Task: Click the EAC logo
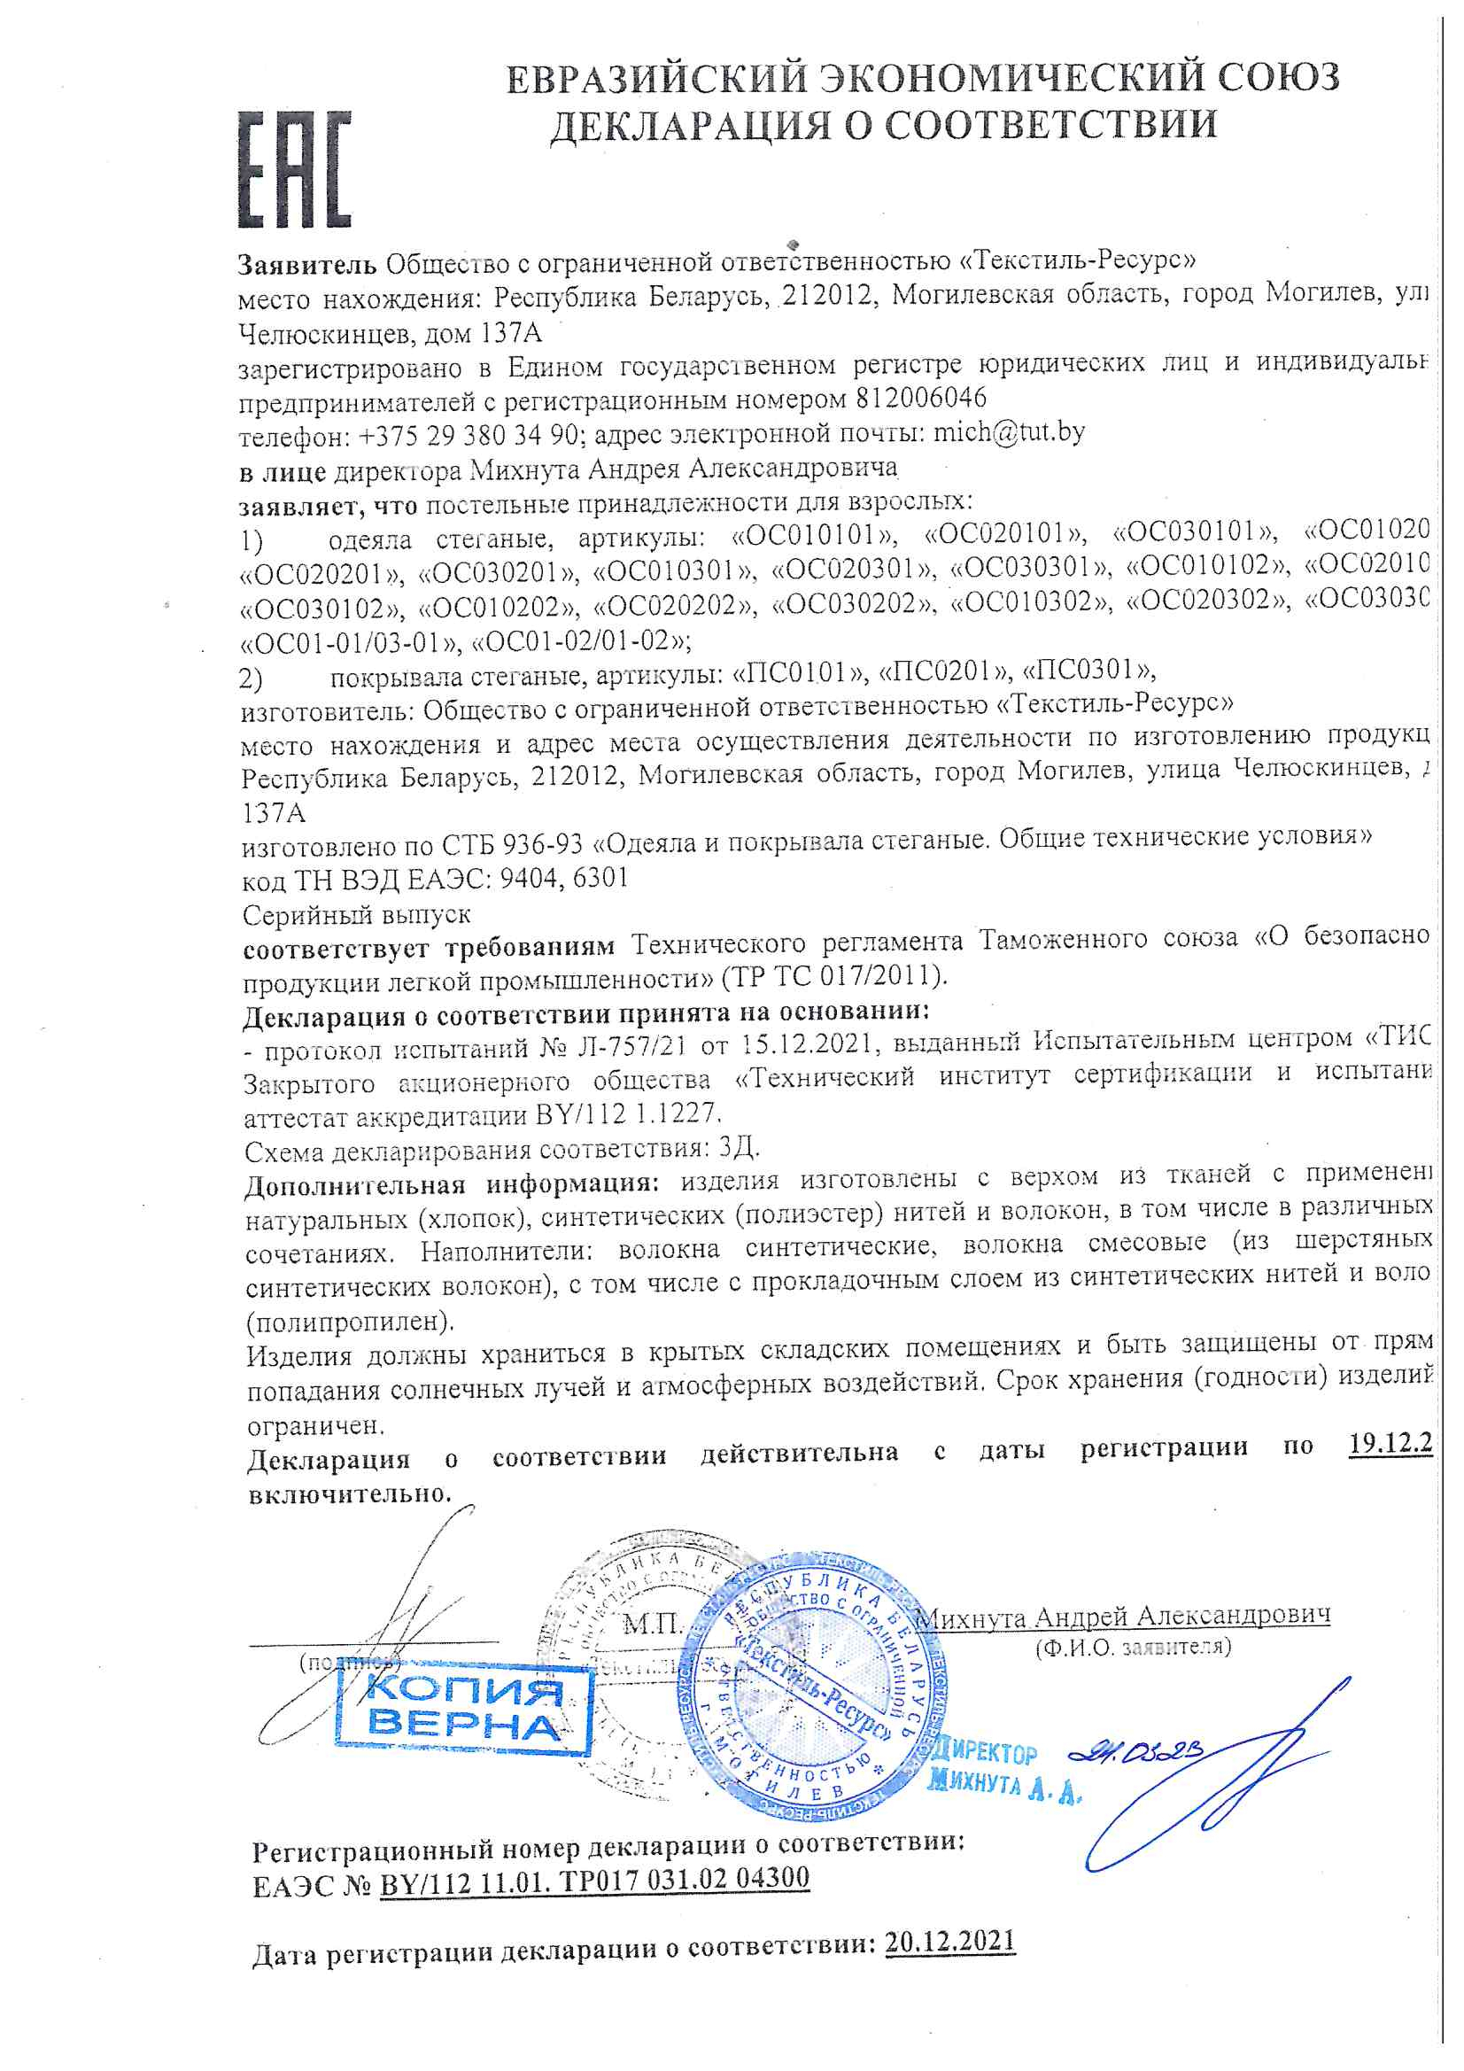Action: (293, 169)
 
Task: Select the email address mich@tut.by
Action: (1009, 433)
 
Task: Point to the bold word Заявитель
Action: (306, 265)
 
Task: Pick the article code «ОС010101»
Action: (815, 536)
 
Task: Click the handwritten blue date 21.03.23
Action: (1135, 1752)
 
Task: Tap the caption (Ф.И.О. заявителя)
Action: (1133, 1647)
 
